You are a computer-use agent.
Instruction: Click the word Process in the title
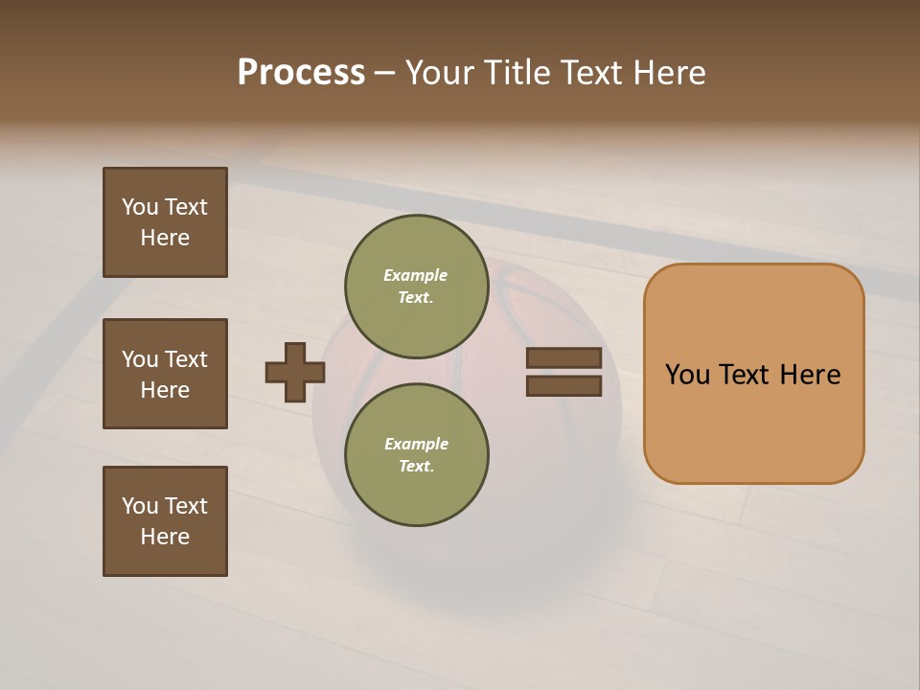[301, 73]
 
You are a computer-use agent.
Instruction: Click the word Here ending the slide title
[672, 73]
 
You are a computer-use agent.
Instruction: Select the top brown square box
[165, 222]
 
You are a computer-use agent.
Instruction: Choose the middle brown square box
[165, 374]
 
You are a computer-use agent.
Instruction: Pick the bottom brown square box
[165, 521]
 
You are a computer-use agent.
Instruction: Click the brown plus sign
[295, 372]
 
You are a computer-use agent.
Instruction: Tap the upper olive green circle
[416, 286]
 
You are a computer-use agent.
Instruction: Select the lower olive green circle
[416, 454]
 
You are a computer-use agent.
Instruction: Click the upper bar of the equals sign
[563, 358]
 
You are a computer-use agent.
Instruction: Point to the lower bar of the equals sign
[563, 385]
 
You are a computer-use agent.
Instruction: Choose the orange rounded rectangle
[753, 374]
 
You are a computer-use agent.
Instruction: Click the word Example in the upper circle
[415, 275]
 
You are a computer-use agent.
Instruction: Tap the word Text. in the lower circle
[416, 466]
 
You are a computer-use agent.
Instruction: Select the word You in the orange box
[688, 375]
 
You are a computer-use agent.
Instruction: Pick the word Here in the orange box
[810, 375]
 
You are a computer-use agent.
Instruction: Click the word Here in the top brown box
[165, 238]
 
